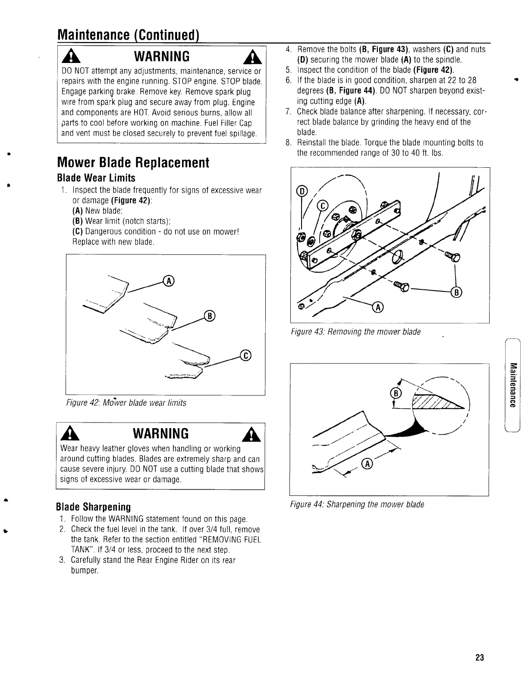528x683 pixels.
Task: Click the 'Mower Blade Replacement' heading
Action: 133,163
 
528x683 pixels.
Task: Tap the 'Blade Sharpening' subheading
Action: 94,506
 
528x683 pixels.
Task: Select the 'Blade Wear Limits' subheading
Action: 96,178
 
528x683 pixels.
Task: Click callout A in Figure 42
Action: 169,282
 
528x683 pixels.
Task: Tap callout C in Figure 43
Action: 323,206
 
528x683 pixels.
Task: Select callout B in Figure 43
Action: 456,293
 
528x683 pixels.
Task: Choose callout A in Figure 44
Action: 367,464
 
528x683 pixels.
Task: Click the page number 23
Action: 479,658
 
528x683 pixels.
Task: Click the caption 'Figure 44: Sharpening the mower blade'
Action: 357,504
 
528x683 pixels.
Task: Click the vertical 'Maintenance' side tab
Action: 512,385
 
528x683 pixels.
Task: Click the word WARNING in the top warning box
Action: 162,56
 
